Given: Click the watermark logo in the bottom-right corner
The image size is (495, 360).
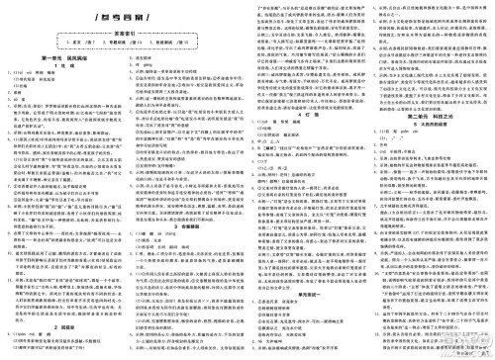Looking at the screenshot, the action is coord(473,345).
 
